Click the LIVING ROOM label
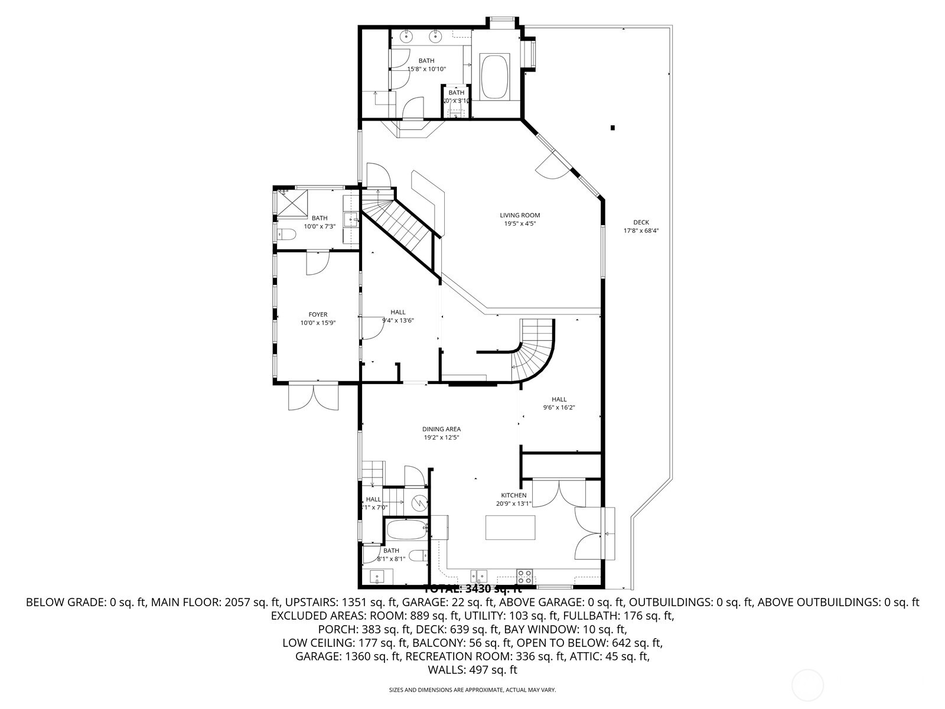520,216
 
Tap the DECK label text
641,223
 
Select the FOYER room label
318,315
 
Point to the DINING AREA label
441,430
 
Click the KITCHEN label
513,495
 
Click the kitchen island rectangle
510,528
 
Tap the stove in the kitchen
524,574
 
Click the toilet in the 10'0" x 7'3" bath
286,235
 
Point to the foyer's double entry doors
314,396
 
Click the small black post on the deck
613,128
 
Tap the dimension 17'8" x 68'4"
641,231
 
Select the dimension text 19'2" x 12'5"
441,438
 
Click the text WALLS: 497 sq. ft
472,670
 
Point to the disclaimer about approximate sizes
472,690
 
